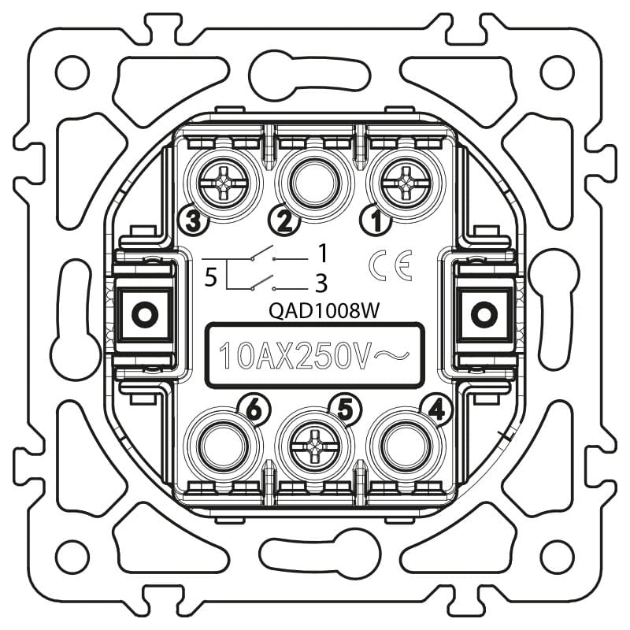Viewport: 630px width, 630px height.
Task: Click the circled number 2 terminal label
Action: pyautogui.click(x=284, y=220)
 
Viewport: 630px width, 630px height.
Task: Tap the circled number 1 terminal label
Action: pyautogui.click(x=376, y=220)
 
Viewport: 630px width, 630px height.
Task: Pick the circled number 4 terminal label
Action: pyautogui.click(x=437, y=410)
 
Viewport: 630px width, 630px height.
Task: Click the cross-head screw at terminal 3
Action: pyautogui.click(x=224, y=183)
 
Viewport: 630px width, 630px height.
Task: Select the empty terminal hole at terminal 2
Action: pyautogui.click(x=314, y=183)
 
